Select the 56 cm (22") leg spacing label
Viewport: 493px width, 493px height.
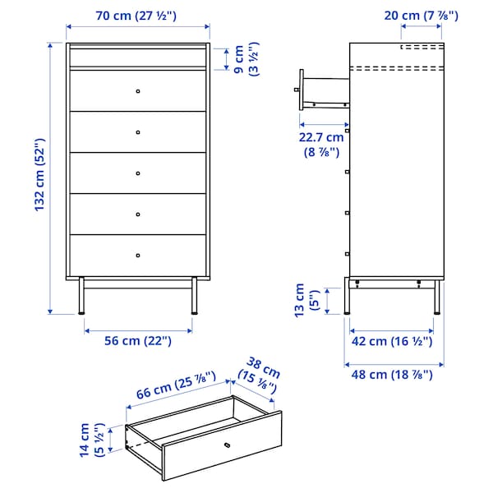(137, 341)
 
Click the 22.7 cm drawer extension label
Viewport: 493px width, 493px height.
(322, 144)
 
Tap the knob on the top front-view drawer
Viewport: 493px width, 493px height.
(137, 90)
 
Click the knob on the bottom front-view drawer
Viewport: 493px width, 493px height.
(137, 255)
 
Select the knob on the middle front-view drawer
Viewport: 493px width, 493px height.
(137, 173)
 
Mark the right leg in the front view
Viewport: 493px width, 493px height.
(194, 297)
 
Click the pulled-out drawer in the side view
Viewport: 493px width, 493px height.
(325, 90)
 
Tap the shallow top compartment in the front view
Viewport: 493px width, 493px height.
(137, 57)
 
